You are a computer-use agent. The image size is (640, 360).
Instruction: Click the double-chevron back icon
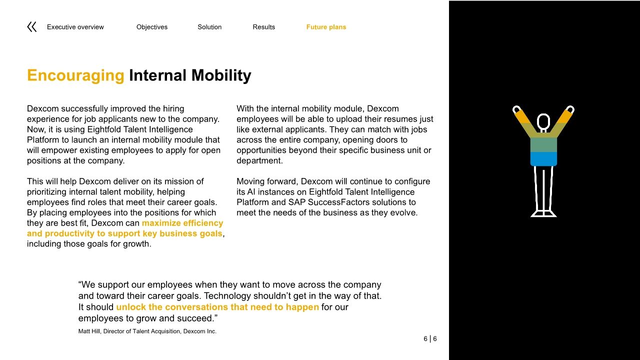pos(31,27)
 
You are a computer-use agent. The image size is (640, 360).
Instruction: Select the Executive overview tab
pos(75,27)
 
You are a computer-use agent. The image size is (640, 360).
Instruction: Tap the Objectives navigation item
pos(152,27)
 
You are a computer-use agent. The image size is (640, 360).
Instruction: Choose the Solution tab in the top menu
pos(209,27)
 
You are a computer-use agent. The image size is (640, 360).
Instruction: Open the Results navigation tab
pos(263,27)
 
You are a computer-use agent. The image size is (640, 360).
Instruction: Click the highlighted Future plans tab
pos(326,27)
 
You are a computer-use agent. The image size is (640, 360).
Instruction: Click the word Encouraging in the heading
pos(75,75)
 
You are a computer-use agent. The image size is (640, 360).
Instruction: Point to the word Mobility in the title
pos(221,75)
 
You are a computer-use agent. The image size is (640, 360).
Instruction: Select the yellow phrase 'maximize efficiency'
pos(182,223)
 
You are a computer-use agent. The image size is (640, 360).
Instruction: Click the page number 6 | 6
pos(430,339)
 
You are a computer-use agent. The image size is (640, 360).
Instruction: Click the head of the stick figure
pos(543,121)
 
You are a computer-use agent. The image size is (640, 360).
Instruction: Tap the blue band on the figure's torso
pos(543,159)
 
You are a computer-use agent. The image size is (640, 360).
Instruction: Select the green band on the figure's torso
pos(543,145)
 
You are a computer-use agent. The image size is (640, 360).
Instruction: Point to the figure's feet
pos(543,213)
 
